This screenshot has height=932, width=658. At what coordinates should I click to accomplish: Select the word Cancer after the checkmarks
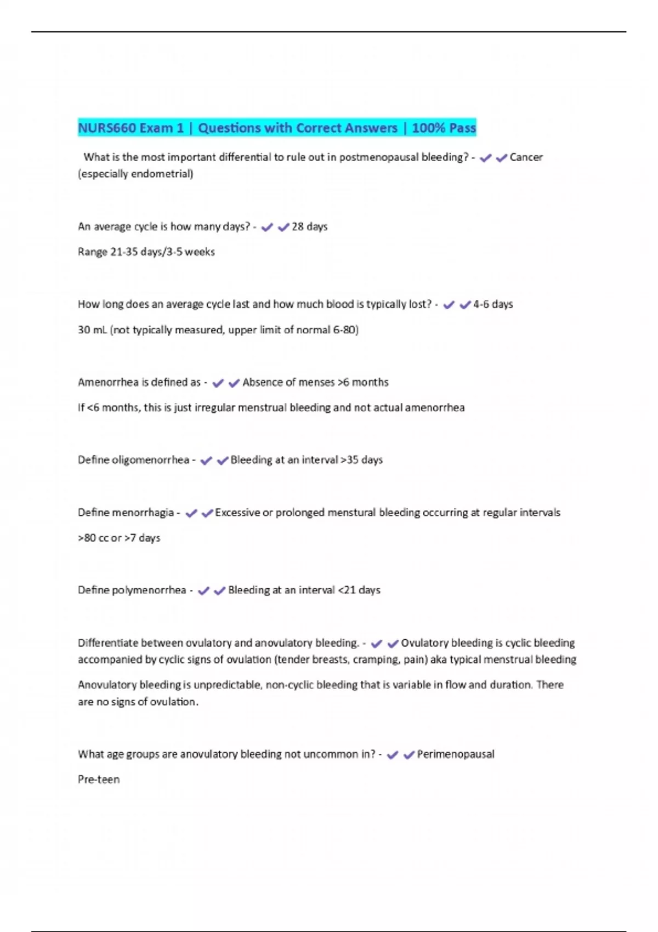coord(526,157)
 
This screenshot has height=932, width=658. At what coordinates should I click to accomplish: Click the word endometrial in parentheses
coord(163,174)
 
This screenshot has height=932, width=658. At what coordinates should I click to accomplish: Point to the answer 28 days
coord(309,226)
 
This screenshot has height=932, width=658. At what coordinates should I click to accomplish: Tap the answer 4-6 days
coord(493,304)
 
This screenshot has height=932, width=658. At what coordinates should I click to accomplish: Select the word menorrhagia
coord(143,513)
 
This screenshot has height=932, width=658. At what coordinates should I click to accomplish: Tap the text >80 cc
coord(93,538)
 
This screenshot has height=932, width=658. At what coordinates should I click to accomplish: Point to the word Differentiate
coord(107,643)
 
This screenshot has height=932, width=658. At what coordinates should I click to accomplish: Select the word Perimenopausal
coord(456,754)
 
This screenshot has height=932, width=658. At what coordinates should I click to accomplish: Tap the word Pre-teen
coord(99,780)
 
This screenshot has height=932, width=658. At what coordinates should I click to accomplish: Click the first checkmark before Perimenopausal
coord(392,755)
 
